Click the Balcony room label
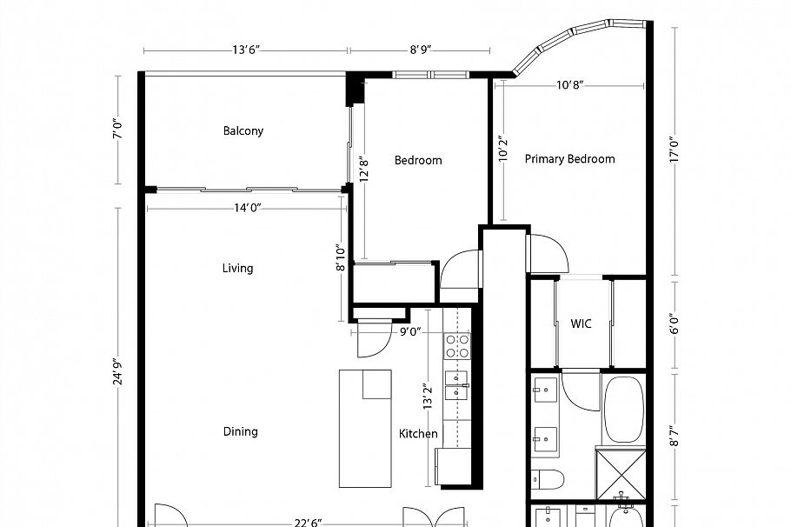243,131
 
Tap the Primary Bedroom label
569,159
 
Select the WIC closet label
581,324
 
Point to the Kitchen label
418,434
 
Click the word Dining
240,431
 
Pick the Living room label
237,268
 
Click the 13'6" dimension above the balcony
246,50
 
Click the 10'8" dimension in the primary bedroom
569,85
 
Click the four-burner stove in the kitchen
457,346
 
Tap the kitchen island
365,428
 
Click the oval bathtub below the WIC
623,408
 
